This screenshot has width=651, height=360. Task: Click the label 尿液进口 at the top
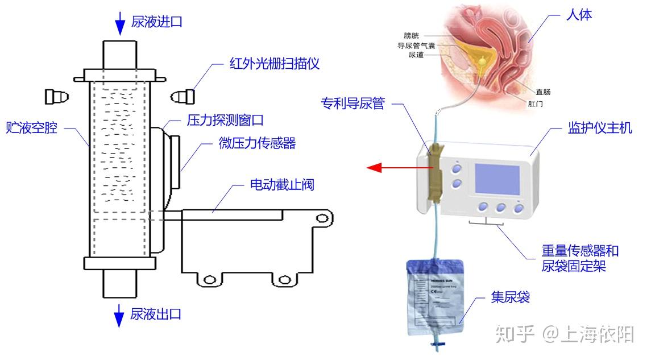(156, 22)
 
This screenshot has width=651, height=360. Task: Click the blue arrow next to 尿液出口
(119, 315)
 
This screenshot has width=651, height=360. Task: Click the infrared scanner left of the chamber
(57, 97)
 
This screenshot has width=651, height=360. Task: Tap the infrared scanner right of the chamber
(185, 97)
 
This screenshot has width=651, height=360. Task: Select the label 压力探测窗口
(225, 121)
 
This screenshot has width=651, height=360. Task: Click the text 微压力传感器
(258, 143)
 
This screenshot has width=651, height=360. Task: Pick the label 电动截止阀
(282, 184)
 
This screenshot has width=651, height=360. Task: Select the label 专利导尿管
(353, 104)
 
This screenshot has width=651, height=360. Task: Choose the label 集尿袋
(510, 296)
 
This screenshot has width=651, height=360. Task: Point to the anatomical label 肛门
(536, 104)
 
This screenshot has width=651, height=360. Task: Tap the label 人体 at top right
(579, 15)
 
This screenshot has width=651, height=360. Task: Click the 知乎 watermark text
(515, 334)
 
